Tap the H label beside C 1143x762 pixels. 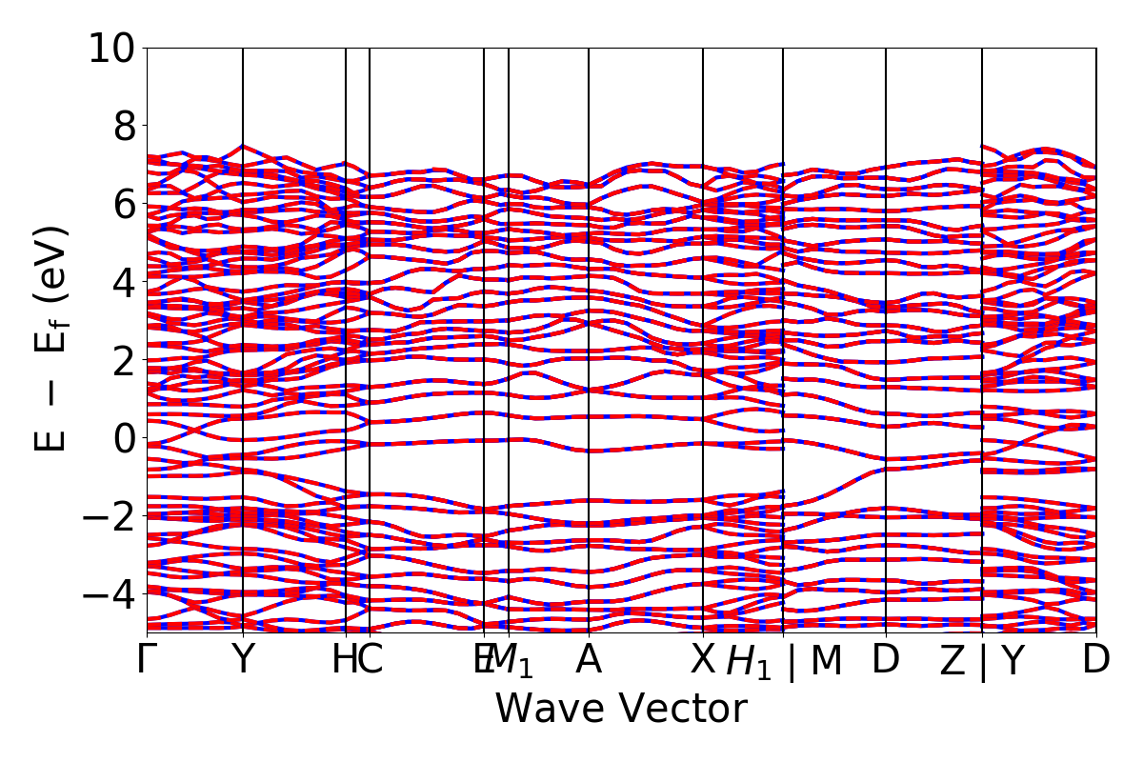pyautogui.click(x=344, y=660)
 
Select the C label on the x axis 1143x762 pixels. pyautogui.click(x=370, y=660)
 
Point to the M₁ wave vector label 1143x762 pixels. pyautogui.click(x=514, y=660)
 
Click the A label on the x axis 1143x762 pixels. pyautogui.click(x=589, y=660)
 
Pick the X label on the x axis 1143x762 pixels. pyautogui.click(x=703, y=660)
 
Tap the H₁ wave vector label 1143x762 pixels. pyautogui.click(x=749, y=662)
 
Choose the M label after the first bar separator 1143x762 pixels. pyautogui.click(x=826, y=660)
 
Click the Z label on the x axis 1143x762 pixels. pyautogui.click(x=952, y=662)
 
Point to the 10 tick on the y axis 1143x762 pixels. pyautogui.click(x=113, y=48)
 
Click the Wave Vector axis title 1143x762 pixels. pyautogui.click(x=621, y=710)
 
